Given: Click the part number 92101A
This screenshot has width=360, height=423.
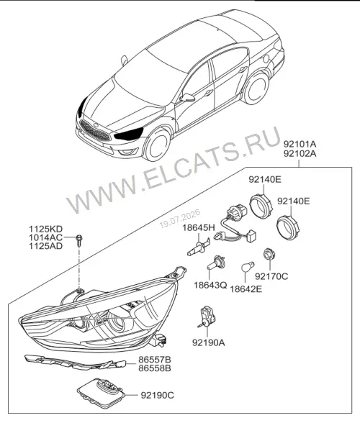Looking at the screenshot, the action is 300,144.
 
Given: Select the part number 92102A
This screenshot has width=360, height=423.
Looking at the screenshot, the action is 300,153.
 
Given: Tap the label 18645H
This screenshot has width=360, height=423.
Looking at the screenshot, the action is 199,227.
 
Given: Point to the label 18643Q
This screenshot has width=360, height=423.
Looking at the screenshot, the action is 210,285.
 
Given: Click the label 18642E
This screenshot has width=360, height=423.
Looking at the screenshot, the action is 246,289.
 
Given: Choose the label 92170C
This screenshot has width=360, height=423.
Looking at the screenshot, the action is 271,276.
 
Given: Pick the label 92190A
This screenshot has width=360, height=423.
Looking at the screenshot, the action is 209,342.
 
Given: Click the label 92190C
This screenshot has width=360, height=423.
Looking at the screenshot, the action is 158,395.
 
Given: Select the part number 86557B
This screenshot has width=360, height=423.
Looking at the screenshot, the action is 155,360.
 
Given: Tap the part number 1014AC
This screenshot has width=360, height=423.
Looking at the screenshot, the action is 45,237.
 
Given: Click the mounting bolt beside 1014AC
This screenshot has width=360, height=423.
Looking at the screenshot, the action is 79,240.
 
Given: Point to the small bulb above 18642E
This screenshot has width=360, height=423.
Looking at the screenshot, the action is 248,266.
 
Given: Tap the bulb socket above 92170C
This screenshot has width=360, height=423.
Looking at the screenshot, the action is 268,255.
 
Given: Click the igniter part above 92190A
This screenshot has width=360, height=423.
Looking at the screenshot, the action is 207,317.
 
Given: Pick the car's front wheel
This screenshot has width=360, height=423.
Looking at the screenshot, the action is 158,145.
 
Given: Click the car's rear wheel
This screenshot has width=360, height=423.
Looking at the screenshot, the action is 255,87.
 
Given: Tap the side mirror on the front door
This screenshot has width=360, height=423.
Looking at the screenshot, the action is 187,98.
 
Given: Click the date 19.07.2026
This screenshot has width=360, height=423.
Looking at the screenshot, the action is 180,218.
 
